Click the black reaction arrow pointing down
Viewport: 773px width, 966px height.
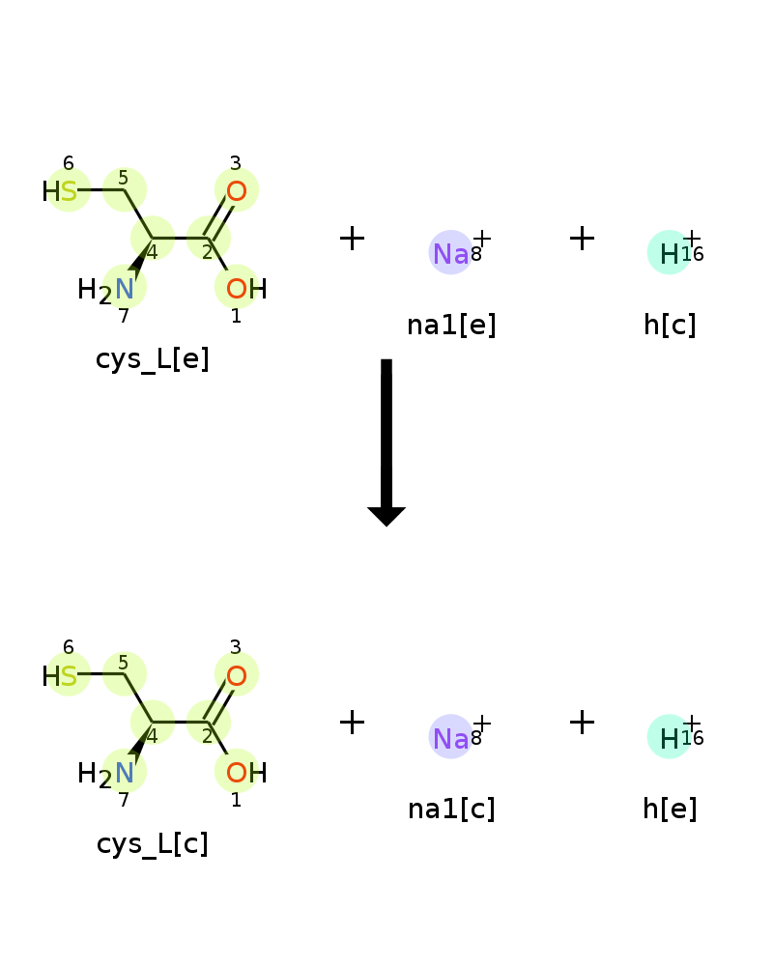[x=386, y=442]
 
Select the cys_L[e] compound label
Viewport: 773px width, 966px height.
[x=153, y=359]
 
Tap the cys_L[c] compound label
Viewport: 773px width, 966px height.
[x=153, y=843]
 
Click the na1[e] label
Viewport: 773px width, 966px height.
[x=451, y=325]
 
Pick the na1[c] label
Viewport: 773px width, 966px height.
[x=451, y=809]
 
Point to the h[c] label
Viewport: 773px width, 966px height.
[x=670, y=325]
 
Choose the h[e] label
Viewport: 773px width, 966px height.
[x=670, y=809]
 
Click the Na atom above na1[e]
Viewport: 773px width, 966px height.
[x=450, y=254]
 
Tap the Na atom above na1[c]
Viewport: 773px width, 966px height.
[x=450, y=738]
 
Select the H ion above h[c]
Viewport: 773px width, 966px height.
[x=670, y=254]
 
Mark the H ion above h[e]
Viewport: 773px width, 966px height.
[x=670, y=738]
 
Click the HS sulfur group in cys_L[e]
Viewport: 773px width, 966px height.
[x=60, y=191]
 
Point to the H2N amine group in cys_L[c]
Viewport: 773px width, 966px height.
[x=105, y=774]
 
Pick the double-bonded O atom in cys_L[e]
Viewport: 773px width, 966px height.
[x=236, y=191]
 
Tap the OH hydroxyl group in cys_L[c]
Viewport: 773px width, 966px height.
[x=246, y=773]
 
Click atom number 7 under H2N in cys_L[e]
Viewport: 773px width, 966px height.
[x=124, y=316]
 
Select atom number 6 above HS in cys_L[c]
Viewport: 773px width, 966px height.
[x=69, y=647]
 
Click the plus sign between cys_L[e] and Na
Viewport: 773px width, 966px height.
[x=352, y=238]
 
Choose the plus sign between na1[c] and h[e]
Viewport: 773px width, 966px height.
[x=582, y=722]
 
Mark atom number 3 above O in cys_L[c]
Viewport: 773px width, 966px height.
[x=236, y=647]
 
